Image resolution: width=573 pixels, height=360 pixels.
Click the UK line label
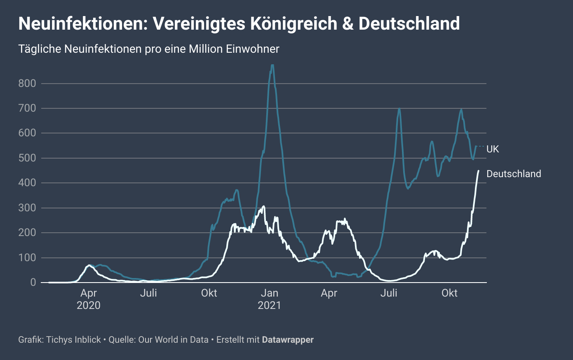(493, 149)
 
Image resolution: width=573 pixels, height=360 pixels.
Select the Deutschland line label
(514, 174)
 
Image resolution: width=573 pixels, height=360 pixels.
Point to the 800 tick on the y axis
(27, 84)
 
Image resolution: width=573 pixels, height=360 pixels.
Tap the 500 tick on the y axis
(27, 158)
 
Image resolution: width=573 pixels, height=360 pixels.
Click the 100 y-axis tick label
(27, 258)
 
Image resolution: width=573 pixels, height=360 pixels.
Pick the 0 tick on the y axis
(33, 283)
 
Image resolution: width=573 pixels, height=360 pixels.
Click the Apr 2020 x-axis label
(89, 299)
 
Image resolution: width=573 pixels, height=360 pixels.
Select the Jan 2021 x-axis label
(269, 299)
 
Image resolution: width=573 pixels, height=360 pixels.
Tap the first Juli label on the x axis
(148, 293)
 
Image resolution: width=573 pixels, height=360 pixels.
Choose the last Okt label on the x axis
(449, 293)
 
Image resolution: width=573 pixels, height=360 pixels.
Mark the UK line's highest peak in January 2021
(272, 65)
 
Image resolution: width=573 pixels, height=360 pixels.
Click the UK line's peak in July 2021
(399, 109)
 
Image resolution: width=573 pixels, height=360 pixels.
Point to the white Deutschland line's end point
(478, 171)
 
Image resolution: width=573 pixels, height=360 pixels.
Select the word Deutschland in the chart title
(409, 24)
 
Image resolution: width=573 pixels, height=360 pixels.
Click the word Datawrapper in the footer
(288, 340)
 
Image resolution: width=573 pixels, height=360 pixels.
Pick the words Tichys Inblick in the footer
(73, 340)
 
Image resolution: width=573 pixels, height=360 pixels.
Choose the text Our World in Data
(173, 340)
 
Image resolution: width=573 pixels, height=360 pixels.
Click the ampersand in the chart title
(348, 24)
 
